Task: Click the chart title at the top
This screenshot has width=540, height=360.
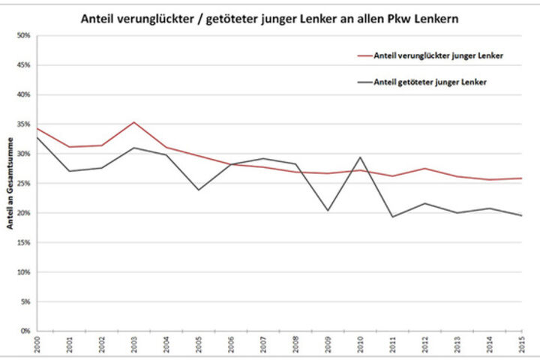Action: point(270,19)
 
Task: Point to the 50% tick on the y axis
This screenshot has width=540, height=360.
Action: point(24,36)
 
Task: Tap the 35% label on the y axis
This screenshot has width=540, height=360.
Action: point(24,124)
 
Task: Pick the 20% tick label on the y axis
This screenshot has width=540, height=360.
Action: point(24,213)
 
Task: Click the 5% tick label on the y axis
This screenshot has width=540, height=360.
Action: point(25,301)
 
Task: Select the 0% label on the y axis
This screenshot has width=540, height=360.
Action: point(25,331)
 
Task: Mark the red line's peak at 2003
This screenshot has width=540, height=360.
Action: point(133,122)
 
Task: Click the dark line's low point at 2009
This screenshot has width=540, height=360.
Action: point(328,210)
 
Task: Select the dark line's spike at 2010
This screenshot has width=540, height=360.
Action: point(360,157)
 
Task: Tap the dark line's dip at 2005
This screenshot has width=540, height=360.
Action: point(198,190)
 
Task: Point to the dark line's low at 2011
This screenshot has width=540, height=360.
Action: point(392,217)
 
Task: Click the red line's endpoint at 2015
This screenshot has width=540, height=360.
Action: point(521,178)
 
